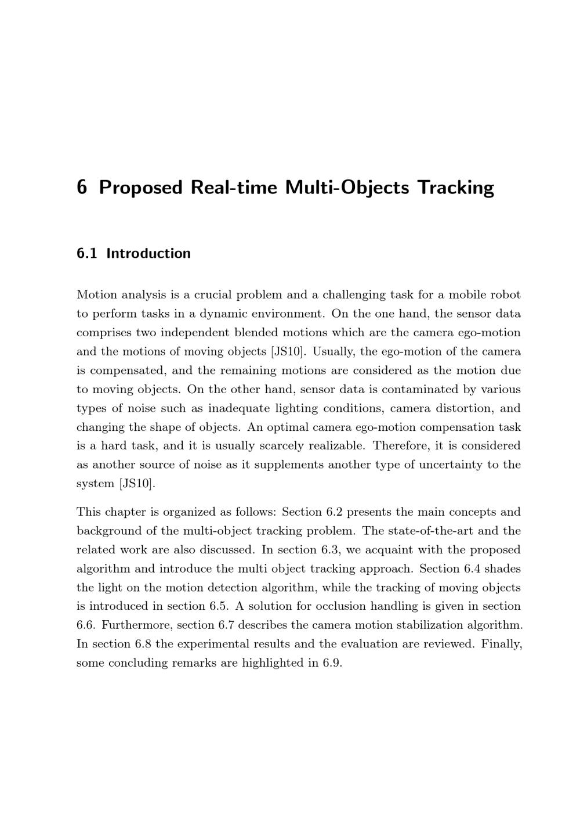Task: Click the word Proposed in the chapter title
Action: (141, 188)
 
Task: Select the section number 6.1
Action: (86, 254)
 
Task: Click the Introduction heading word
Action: (148, 254)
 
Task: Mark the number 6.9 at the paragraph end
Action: (332, 663)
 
